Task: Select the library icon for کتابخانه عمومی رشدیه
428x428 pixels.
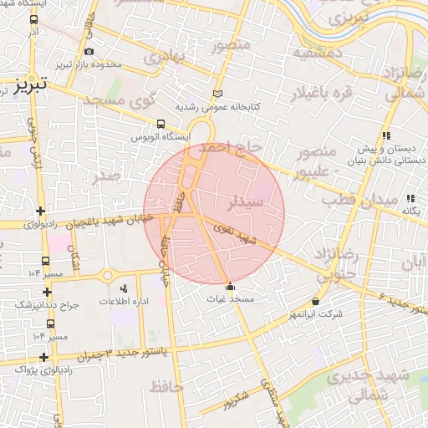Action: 218,94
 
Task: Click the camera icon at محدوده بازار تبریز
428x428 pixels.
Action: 89,51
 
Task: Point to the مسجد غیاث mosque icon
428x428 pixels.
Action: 231,287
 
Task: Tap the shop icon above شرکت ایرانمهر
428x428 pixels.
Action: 315,301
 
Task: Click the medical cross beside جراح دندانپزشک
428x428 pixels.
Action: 48,292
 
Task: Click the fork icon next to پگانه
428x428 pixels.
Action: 410,199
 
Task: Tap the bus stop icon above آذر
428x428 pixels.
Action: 33,19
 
